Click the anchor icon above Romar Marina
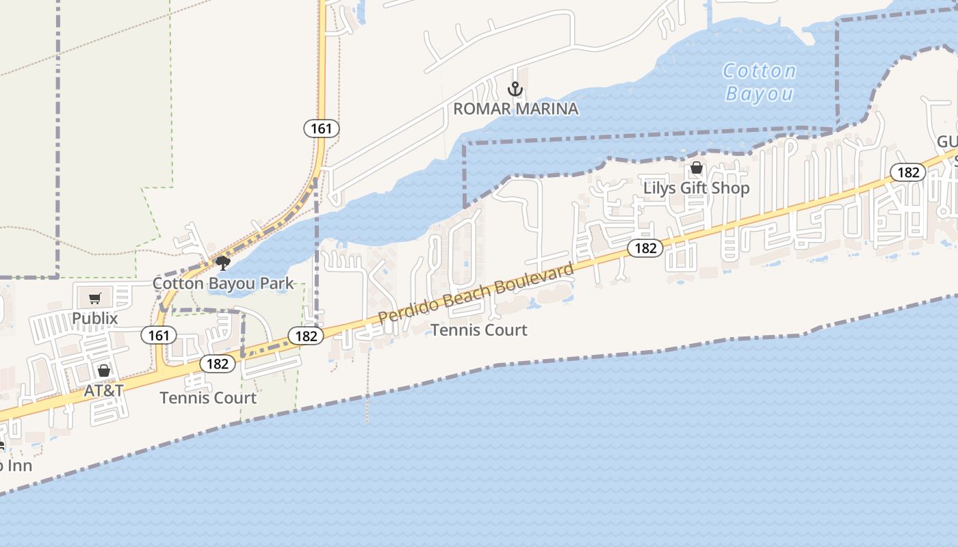coord(515,89)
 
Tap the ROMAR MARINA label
coord(515,109)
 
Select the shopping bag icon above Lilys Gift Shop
coord(697,168)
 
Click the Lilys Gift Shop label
coord(696,187)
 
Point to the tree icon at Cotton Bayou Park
coord(222,263)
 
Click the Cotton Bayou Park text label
coord(222,283)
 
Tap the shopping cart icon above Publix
coord(95,298)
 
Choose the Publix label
coord(95,318)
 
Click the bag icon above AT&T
coord(103,371)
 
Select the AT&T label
coord(103,390)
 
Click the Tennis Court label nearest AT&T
coord(208,397)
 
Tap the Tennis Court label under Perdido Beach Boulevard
coord(479,330)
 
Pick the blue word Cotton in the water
coord(760,71)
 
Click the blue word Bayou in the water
coord(760,93)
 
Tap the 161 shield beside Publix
coord(159,335)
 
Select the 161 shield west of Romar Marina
coord(321,128)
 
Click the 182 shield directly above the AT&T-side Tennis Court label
coord(218,364)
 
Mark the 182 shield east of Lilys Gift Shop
coord(908,172)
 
